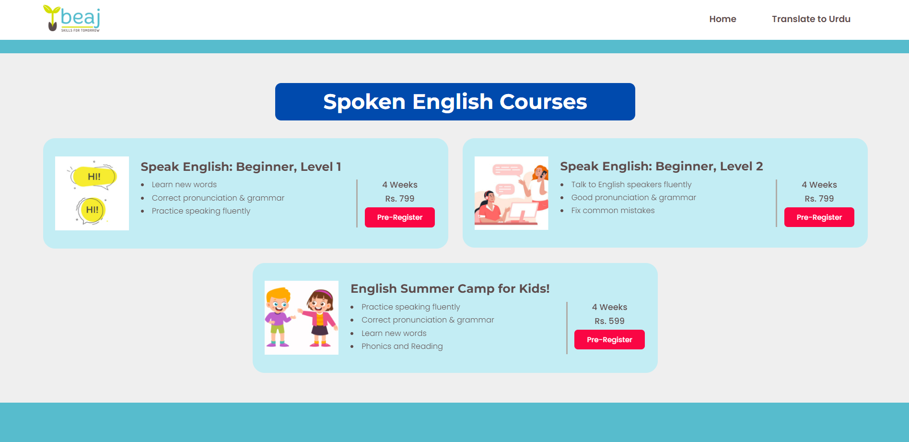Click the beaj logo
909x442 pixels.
71,19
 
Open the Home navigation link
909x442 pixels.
723,19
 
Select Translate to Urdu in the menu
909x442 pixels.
811,19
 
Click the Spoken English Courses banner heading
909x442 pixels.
455,102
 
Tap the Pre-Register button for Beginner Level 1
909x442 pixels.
400,217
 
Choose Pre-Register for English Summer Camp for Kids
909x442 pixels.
609,340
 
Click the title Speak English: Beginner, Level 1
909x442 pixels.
241,167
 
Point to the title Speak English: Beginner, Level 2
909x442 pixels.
661,167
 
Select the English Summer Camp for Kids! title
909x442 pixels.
450,288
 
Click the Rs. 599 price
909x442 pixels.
609,321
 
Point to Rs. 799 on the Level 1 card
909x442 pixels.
400,199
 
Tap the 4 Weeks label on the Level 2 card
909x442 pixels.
819,185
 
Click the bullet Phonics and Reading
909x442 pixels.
402,346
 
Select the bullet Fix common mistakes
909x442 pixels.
613,211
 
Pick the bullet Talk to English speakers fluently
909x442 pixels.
631,185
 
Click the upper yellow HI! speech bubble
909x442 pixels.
93,177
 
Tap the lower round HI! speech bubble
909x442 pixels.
91,210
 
